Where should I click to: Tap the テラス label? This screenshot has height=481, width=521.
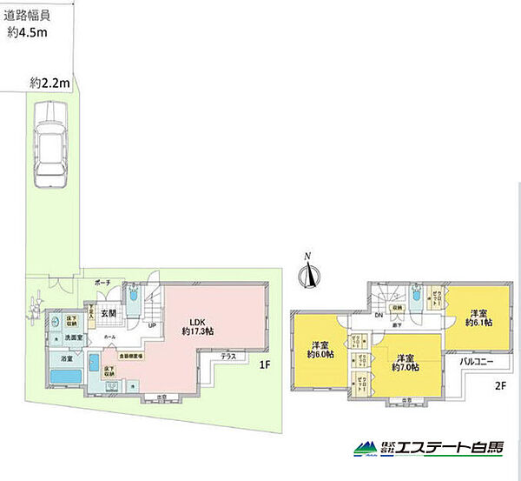[x=229, y=357]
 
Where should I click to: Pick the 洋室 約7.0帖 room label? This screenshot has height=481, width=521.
[x=406, y=362]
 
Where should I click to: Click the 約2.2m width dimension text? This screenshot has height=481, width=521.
[x=49, y=83]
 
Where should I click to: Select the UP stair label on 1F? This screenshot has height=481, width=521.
[x=152, y=325]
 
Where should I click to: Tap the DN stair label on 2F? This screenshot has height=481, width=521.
[x=379, y=316]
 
